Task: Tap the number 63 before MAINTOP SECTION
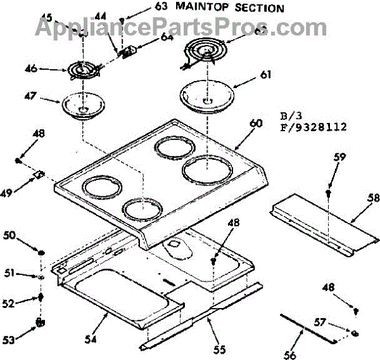tap(161, 8)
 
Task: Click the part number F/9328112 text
tap(313, 126)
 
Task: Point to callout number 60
tap(255, 123)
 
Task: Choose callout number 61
tap(265, 75)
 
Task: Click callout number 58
tap(373, 198)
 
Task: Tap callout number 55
tap(218, 349)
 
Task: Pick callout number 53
tap(8, 340)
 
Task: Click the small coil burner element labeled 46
tap(81, 69)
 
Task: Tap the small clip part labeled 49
tap(39, 174)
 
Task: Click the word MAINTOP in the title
tap(205, 8)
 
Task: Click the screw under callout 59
tap(329, 191)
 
